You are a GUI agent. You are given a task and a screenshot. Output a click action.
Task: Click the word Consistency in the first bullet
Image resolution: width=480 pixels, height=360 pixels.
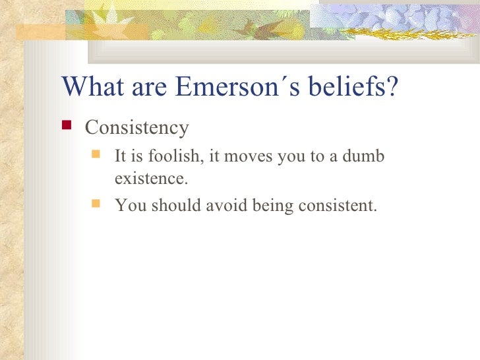point(137,127)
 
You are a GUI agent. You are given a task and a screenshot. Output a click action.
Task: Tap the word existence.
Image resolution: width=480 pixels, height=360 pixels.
point(146,178)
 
